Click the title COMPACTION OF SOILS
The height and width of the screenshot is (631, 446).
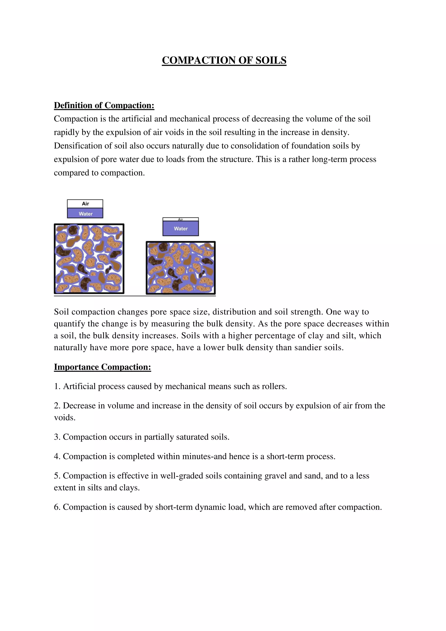(x=224, y=60)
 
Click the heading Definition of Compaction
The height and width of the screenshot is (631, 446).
(x=104, y=105)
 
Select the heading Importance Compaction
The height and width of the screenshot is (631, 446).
(x=102, y=367)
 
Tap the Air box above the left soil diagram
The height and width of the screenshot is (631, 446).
(x=85, y=204)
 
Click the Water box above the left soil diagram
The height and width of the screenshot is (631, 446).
(x=85, y=214)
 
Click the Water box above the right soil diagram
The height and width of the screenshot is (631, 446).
(x=181, y=229)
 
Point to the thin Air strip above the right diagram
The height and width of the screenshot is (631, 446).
(x=181, y=219)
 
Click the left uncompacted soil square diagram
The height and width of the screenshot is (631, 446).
(x=89, y=259)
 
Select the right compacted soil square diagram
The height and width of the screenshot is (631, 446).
(x=181, y=268)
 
